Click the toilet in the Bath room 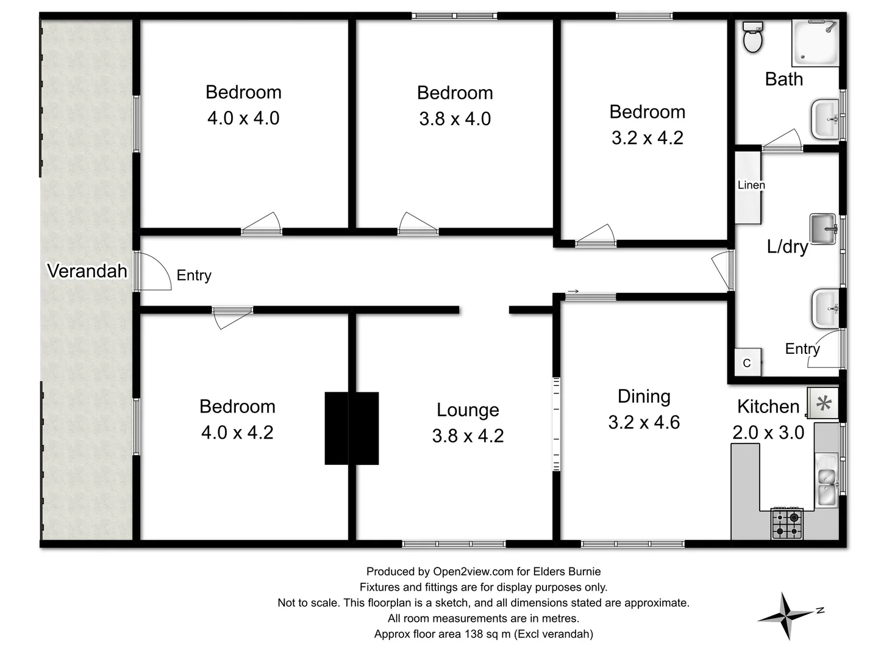click(754, 38)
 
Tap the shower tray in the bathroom click(815, 42)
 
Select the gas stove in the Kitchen click(787, 524)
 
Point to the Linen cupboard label click(751, 185)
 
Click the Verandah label click(87, 270)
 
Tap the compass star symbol click(787, 616)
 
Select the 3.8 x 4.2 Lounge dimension click(468, 436)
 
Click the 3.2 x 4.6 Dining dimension click(644, 422)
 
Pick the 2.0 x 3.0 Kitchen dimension click(768, 432)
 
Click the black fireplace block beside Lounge click(351, 428)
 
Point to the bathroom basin click(827, 120)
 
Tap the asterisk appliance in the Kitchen click(823, 403)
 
